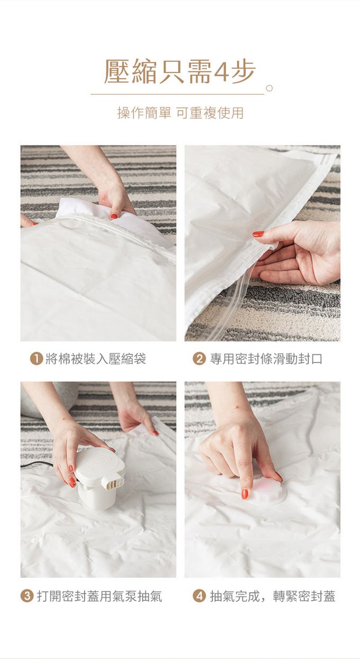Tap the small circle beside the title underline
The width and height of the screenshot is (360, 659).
coord(269,88)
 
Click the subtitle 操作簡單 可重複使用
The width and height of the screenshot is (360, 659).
coord(181,113)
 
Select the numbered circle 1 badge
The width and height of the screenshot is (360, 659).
coord(37,359)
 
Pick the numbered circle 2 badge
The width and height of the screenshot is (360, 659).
coord(199,359)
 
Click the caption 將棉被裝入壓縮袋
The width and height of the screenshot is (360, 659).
coord(96,359)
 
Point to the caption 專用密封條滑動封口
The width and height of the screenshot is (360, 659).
coord(266,359)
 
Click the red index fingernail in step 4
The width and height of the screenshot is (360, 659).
coord(245,494)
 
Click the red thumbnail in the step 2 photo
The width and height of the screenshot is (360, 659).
coord(258,234)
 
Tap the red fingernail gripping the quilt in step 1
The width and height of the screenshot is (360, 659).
coord(114,217)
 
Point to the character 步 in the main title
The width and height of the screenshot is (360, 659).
coord(244,72)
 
